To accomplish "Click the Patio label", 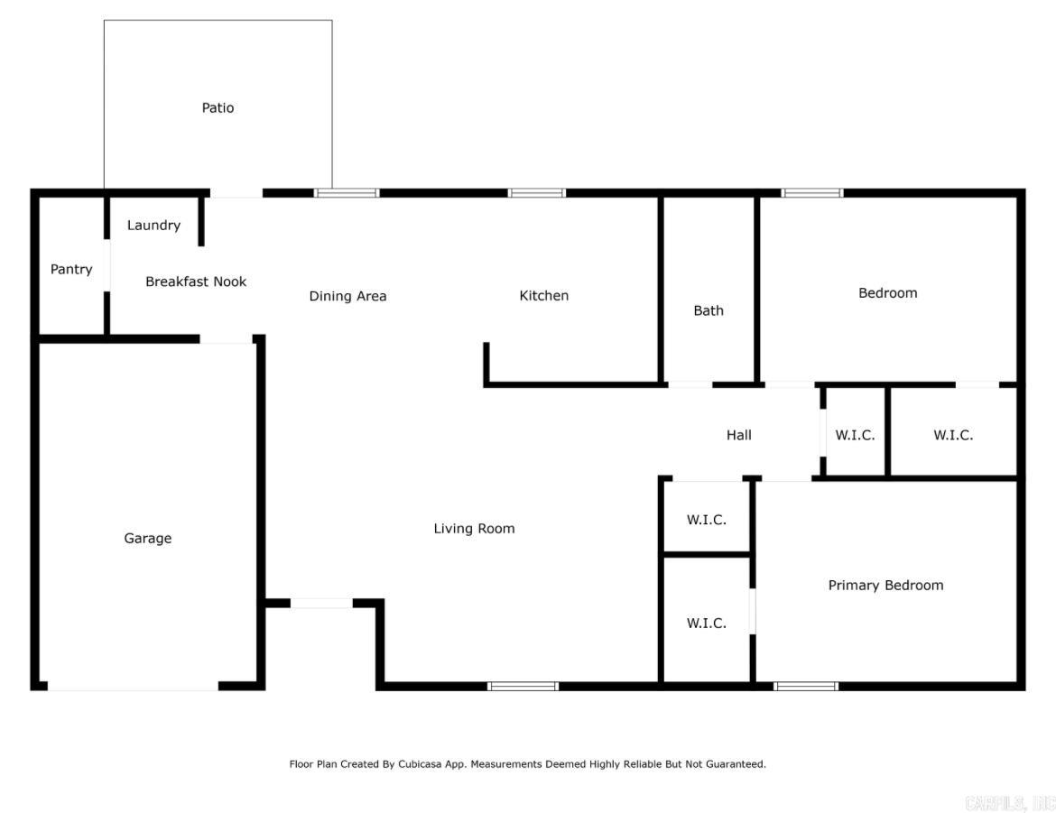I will click(218, 108).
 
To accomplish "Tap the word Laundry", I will click(153, 226).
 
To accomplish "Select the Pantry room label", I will click(71, 269).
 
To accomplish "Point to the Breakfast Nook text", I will click(196, 282).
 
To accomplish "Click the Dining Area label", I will click(347, 296).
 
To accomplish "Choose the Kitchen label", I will click(543, 296).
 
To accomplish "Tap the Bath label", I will click(709, 310).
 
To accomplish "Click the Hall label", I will click(738, 435).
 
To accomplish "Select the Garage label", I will click(147, 539).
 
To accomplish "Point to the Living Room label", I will click(474, 529).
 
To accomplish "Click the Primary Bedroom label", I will click(885, 586).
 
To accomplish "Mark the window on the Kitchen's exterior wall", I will click(536, 193).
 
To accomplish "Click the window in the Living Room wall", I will click(523, 687).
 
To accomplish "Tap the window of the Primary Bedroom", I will click(806, 687).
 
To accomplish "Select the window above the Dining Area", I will click(347, 193).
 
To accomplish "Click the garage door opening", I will click(133, 687).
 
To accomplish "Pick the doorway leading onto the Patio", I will click(236, 193).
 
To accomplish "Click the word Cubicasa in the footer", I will click(442, 764).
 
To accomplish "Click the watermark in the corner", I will click(1009, 802).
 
